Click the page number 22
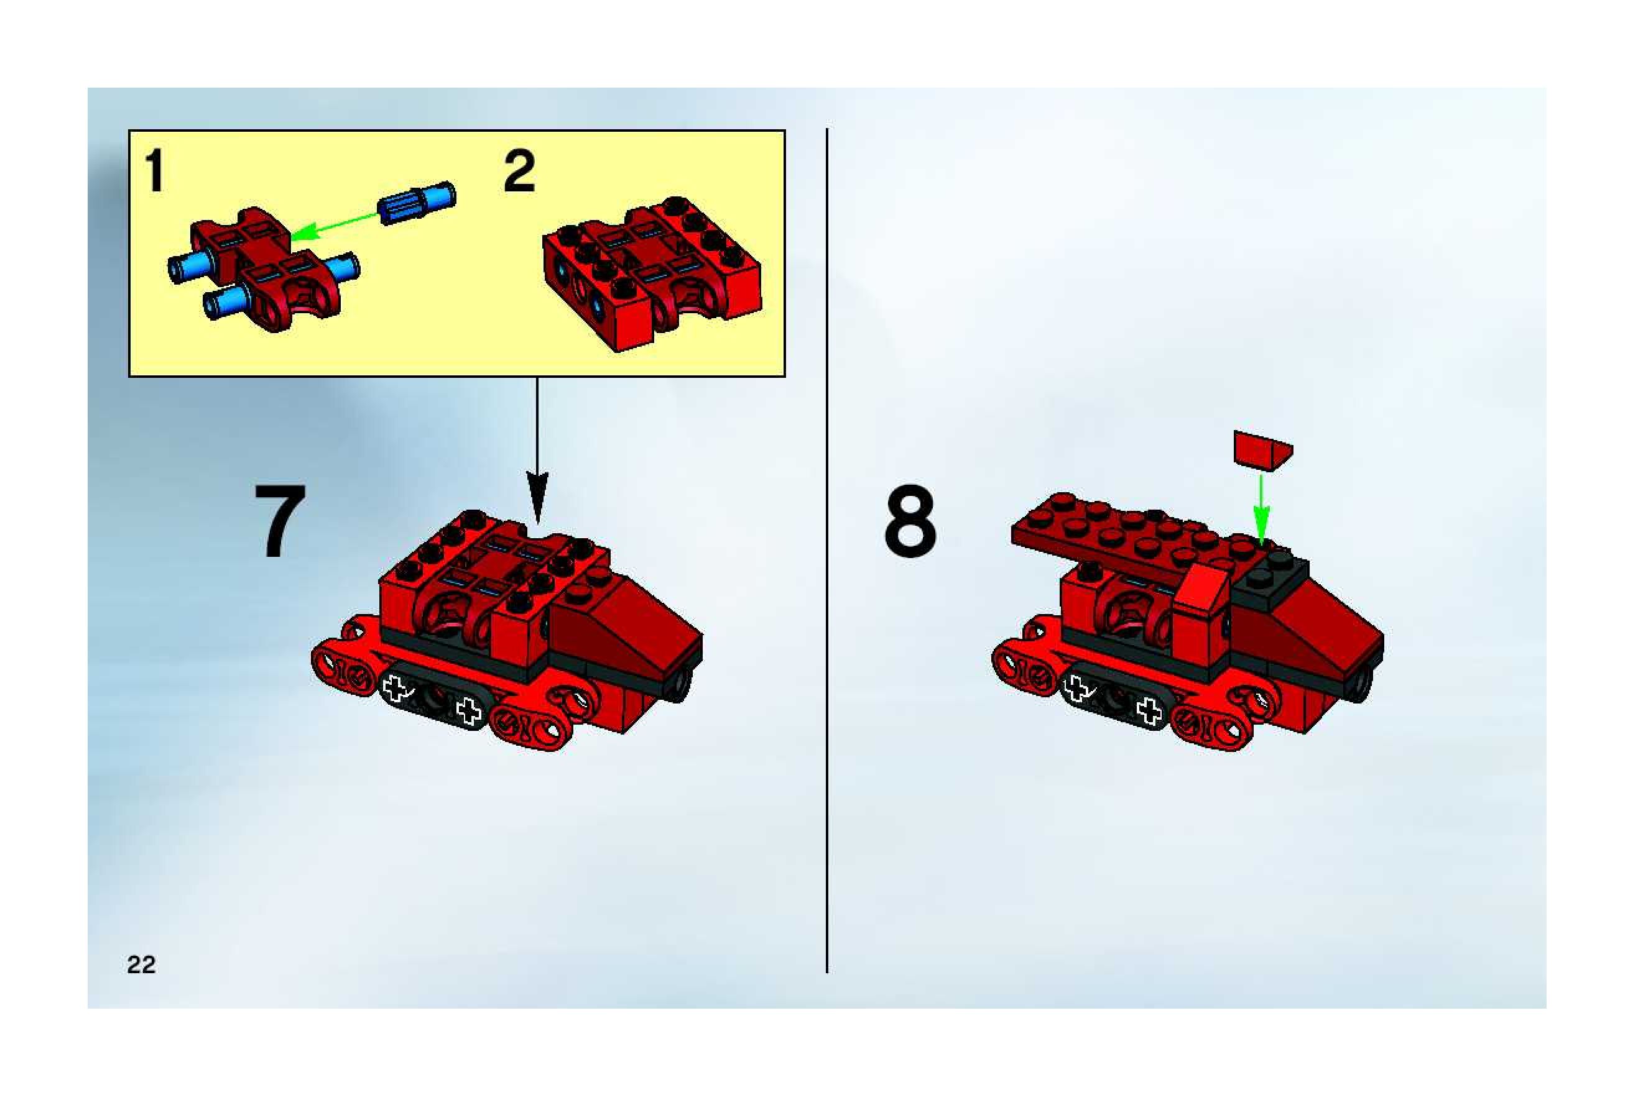pos(141,965)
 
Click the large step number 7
pos(280,521)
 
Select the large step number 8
pos(910,521)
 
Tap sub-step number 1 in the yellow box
pos(155,172)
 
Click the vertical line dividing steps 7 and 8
pos(828,551)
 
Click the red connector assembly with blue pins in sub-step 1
pos(263,270)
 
